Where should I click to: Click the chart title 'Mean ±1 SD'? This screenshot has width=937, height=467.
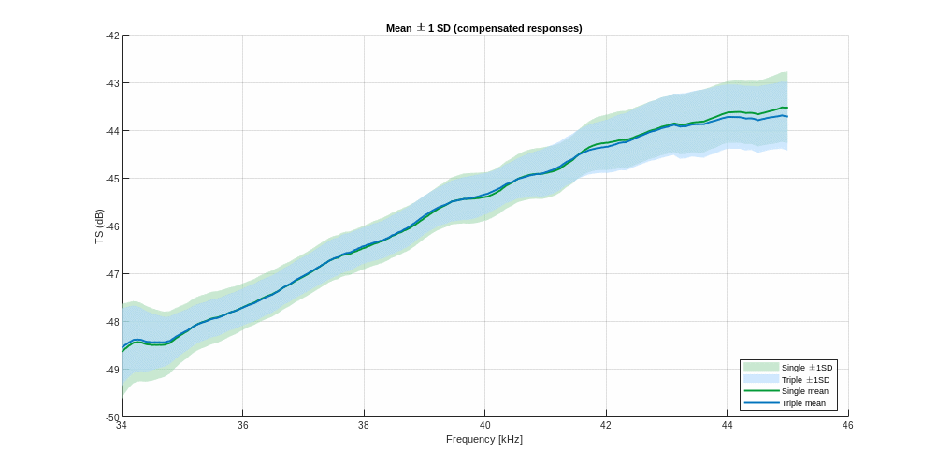coord(484,28)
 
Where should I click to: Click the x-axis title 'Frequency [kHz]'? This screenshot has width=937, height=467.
coord(484,439)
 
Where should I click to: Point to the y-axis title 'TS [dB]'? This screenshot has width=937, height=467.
coord(99,226)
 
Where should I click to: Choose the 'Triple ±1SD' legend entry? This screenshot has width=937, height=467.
coord(805,380)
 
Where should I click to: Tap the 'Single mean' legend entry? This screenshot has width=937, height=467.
coord(804,391)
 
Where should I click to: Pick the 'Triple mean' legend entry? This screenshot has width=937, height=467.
coord(803,403)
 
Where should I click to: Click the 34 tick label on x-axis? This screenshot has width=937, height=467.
coord(122,425)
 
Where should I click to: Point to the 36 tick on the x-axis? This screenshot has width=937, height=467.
coord(242,425)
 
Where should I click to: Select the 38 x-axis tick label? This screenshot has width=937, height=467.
coord(364,425)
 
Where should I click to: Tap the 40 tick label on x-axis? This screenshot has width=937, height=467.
coord(484,425)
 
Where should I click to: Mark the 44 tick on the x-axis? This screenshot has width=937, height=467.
coord(727,425)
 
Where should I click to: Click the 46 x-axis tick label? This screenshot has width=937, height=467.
coord(847,425)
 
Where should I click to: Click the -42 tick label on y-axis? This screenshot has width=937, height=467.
coord(113,36)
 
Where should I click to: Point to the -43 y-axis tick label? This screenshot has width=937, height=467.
coord(113,83)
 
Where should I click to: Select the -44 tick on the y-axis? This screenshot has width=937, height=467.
coord(113,131)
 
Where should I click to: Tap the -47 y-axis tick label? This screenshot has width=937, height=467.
coord(113,274)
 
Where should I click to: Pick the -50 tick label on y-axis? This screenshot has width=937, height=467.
coord(113,416)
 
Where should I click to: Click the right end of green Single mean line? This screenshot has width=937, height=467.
coord(787,108)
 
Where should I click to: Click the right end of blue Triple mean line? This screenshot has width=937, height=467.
coord(787,117)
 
